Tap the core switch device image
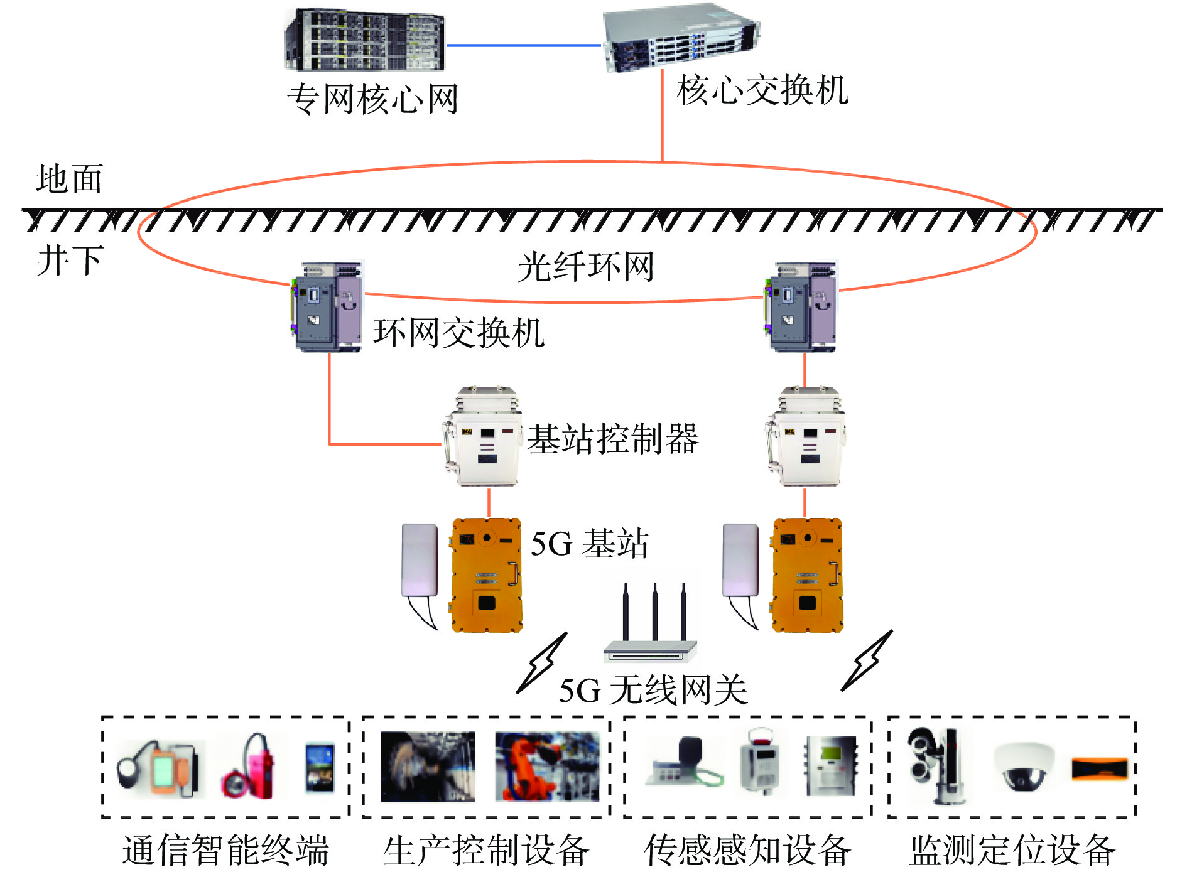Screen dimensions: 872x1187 681,38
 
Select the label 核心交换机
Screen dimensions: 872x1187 762,90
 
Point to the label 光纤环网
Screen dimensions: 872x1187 585,267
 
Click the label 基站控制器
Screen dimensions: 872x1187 612,438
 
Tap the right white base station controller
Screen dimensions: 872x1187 806,437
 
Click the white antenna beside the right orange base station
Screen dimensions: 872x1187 740,561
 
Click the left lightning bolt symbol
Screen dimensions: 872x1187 542,663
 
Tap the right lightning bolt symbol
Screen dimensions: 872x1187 867,660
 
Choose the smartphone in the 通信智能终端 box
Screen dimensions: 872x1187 320,767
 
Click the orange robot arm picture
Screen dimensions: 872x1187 546,767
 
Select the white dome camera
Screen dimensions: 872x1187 1024,766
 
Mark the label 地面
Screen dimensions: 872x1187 69,180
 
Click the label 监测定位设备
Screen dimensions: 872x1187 1012,850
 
